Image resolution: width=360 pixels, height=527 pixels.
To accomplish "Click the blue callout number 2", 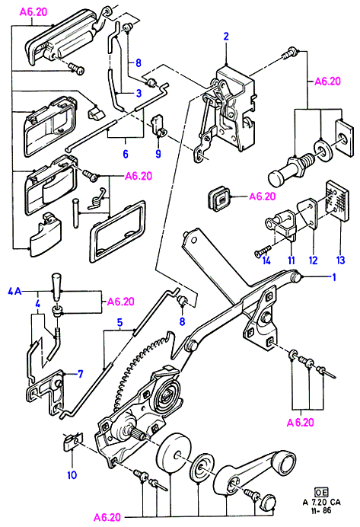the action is pos(226,36).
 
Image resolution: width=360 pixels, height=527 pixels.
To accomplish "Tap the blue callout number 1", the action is pos(334,277).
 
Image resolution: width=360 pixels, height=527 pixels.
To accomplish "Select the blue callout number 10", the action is pos(72,475).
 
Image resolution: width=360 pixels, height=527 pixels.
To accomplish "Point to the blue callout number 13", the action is pos(340,260).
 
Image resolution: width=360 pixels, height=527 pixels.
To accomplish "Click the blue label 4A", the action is pos(14,291).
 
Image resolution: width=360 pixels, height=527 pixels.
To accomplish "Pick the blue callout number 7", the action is pos(80,374).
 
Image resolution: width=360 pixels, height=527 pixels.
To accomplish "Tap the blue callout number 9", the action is pos(158,154).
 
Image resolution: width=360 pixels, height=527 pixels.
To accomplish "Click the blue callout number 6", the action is pos(126,154).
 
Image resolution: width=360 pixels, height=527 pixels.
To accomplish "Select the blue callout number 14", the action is pos(266,260).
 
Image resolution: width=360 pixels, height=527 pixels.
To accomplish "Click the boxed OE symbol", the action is pos(321,493).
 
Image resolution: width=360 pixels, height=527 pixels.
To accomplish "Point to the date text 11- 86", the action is pos(321,510).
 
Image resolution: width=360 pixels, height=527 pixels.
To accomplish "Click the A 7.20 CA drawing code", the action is pos(321,502).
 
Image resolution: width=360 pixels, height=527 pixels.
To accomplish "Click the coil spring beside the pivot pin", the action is pos(97,200).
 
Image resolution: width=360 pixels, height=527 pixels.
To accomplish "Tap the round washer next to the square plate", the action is pos(323,149).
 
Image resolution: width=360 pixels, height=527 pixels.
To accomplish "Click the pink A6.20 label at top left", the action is pos(33,11).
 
